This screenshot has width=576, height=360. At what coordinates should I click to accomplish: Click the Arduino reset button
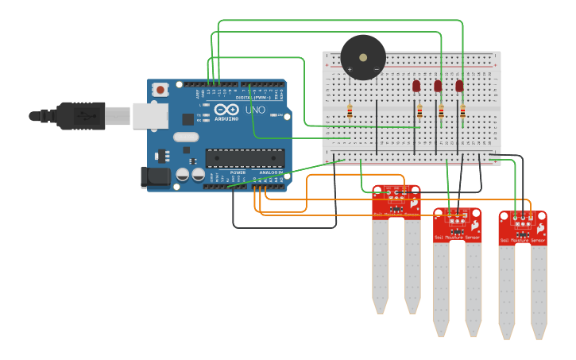tap(160, 90)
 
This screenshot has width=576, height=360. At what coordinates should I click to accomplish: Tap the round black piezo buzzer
tap(363, 57)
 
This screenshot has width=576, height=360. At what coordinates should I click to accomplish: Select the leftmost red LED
tap(416, 86)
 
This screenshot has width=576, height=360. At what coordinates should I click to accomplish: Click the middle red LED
tap(438, 86)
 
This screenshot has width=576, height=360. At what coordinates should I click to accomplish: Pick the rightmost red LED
tap(459, 86)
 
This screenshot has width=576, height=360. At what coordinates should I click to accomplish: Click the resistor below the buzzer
tap(350, 112)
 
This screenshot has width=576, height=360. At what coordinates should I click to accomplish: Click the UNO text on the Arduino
tap(255, 109)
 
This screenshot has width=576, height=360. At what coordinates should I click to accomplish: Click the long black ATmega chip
tap(245, 158)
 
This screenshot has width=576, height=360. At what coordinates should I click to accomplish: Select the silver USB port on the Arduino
tap(150, 116)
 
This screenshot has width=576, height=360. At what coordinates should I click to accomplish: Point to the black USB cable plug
tap(79, 115)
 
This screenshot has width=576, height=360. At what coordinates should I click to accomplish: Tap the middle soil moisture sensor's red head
tap(457, 225)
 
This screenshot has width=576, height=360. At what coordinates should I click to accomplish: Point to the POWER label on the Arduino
tap(238, 172)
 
